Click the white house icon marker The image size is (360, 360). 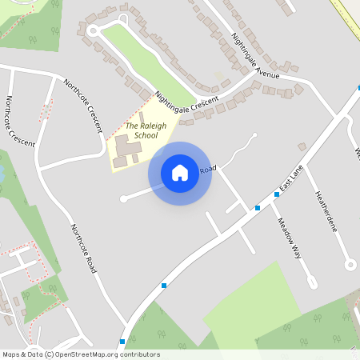tap(180, 172)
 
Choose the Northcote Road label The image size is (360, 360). tap(83, 247)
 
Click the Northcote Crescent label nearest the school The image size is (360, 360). tap(83, 105)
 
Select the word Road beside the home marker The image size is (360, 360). tap(208, 169)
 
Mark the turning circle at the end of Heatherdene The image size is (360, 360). tap(349, 264)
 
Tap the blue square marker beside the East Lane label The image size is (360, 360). tap(277, 194)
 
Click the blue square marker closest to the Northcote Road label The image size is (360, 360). tap(164, 285)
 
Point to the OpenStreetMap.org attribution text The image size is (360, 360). tap(85, 354)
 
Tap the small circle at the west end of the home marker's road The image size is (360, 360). tap(122, 198)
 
